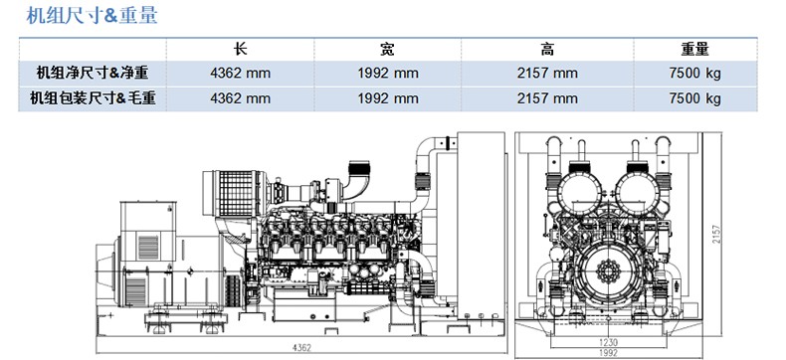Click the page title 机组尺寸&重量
tap(92, 15)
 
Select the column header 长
tap(240, 49)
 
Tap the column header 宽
tap(387, 49)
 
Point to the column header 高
tap(547, 49)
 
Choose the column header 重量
tap(694, 49)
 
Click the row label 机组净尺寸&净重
tap(93, 74)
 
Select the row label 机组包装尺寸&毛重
tap(93, 98)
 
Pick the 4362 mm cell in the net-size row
tap(240, 74)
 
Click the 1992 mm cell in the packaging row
tap(388, 98)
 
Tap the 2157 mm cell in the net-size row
tap(547, 74)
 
